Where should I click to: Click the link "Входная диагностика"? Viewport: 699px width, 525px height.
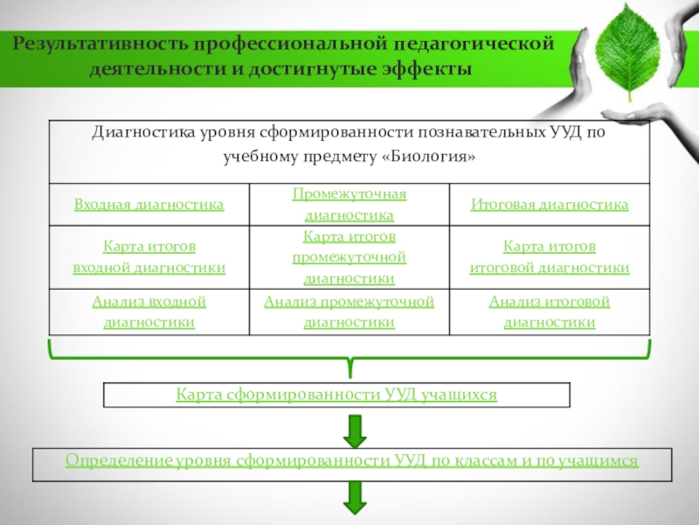click(149, 205)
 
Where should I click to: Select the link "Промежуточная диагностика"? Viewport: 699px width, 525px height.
click(349, 205)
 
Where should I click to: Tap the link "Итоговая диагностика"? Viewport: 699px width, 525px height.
click(550, 205)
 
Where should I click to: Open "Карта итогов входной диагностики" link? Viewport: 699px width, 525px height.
click(149, 257)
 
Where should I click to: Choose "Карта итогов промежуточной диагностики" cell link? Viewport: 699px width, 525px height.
click(349, 257)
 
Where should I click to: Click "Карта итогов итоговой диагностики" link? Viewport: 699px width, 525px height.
click(550, 257)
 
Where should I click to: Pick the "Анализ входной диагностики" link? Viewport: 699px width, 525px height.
click(149, 311)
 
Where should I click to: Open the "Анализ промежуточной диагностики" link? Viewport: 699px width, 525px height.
click(349, 311)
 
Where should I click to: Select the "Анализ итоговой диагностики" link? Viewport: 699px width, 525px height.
click(550, 311)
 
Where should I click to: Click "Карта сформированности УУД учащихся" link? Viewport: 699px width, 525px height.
click(336, 395)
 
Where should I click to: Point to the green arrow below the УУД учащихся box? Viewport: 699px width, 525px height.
click(354, 429)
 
